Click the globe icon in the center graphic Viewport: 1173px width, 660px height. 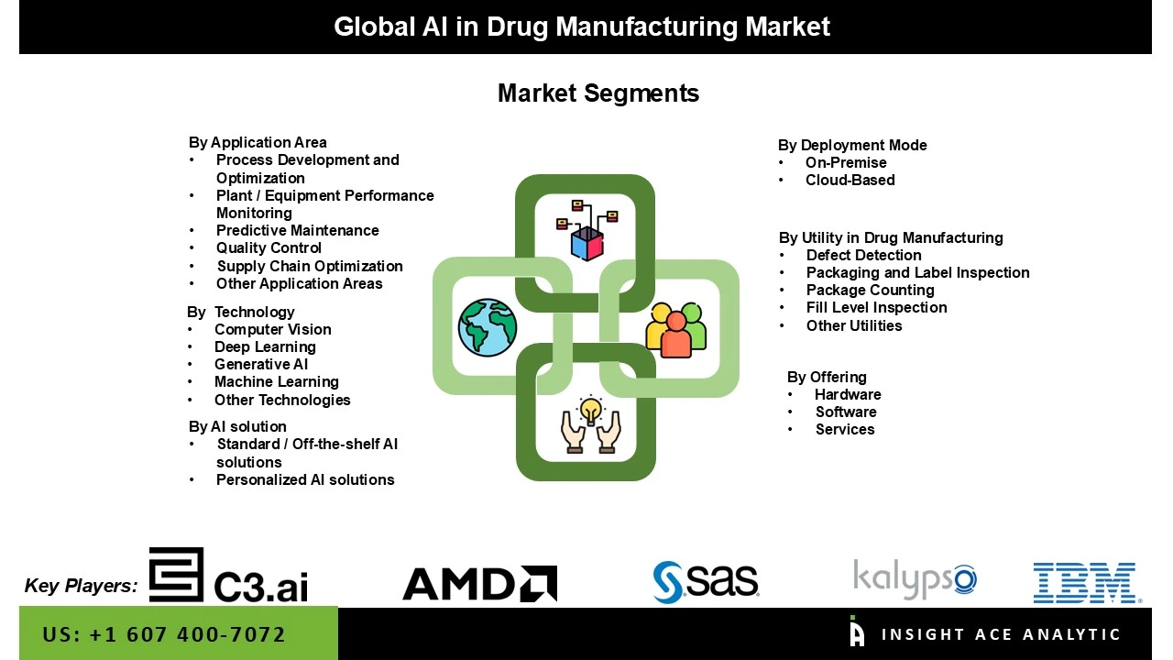pyautogui.click(x=488, y=326)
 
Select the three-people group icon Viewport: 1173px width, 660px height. pyautogui.click(x=676, y=329)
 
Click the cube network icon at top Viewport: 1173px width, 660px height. pyautogui.click(x=587, y=230)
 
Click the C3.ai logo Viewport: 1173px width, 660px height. pyautogui.click(x=229, y=576)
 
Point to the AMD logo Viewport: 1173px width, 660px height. pyautogui.click(x=479, y=584)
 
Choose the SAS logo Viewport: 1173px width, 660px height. pyautogui.click(x=706, y=581)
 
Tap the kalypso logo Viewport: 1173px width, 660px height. pyautogui.click(x=915, y=578)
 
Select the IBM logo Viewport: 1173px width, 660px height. pyautogui.click(x=1087, y=583)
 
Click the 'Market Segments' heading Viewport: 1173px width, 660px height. pyautogui.click(x=597, y=93)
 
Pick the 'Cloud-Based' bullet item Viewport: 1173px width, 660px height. pyautogui.click(x=850, y=181)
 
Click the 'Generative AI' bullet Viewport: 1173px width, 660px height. pyautogui.click(x=261, y=364)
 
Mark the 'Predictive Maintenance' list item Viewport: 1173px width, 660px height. pyautogui.click(x=297, y=230)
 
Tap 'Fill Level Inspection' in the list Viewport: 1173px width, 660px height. pyautogui.click(x=876, y=307)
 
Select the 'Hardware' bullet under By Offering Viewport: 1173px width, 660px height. pyautogui.click(x=848, y=394)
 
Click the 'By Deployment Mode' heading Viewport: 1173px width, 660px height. pyautogui.click(x=852, y=145)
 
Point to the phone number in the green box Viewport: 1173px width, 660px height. pyautogui.click(x=164, y=634)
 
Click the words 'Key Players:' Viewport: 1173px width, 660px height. pyautogui.click(x=82, y=586)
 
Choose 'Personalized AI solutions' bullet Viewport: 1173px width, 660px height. pyautogui.click(x=305, y=479)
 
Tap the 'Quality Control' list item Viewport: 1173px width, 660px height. pyautogui.click(x=269, y=247)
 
